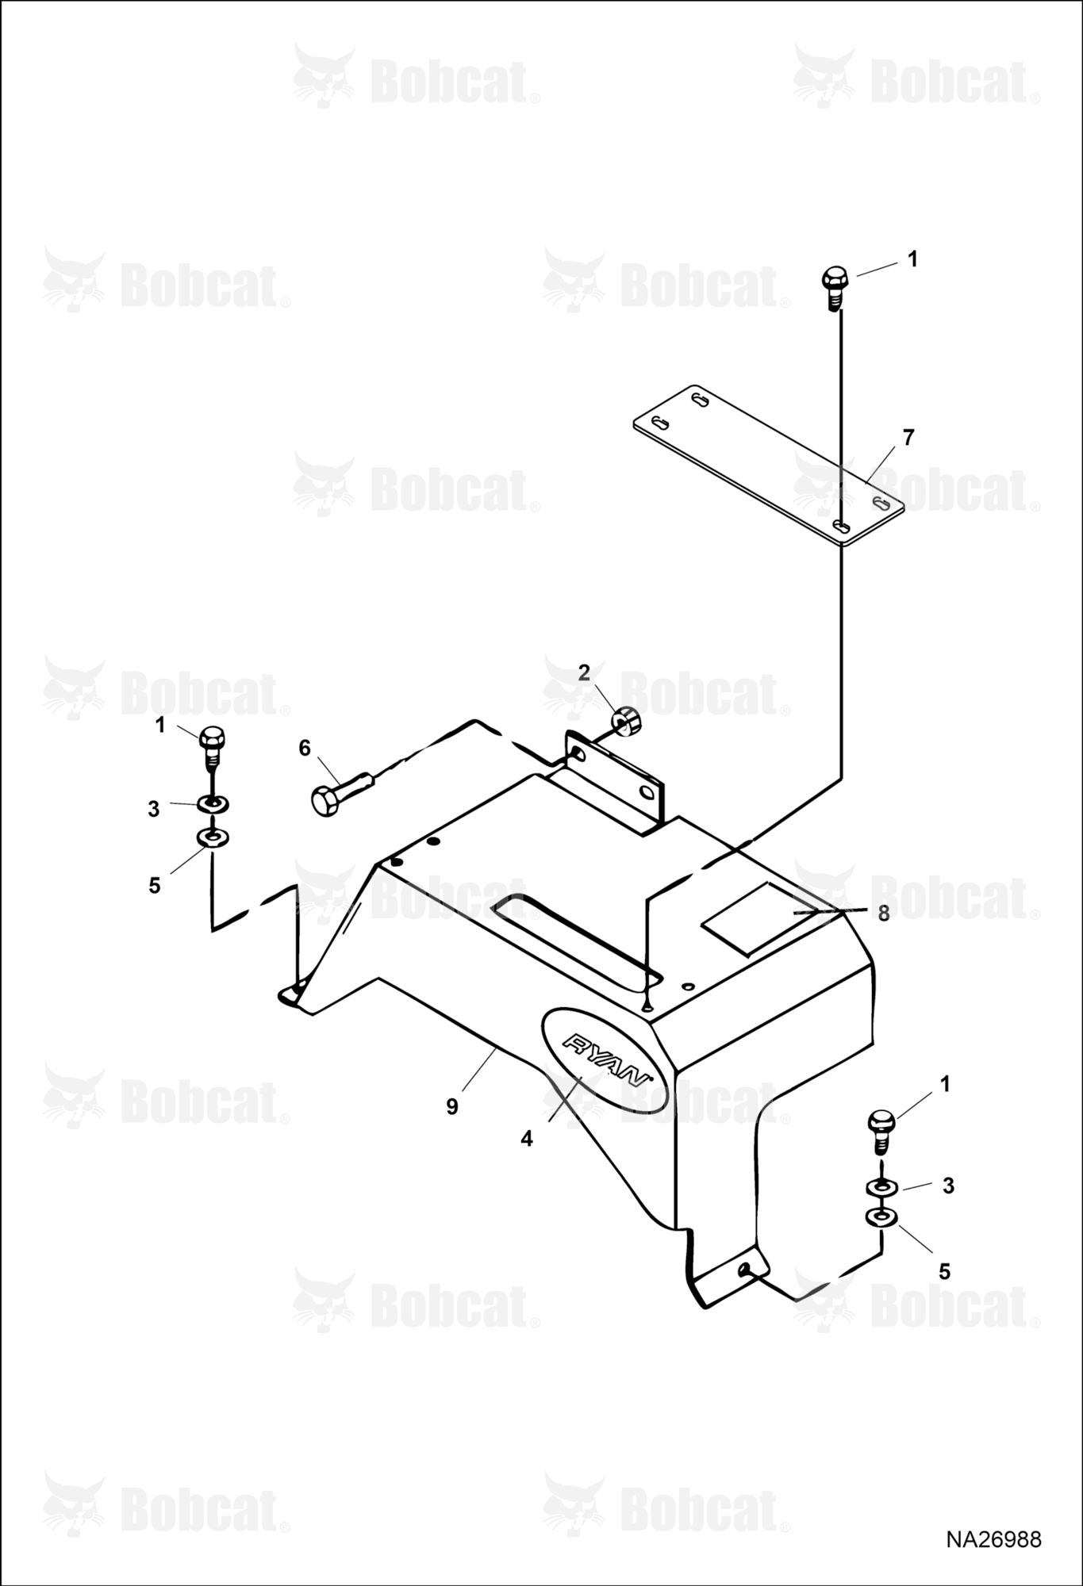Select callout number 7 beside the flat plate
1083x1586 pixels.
(908, 437)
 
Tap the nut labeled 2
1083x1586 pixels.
(627, 720)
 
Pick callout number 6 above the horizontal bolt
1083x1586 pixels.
(305, 748)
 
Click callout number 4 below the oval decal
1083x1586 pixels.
(527, 1139)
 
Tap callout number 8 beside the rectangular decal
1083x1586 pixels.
(884, 913)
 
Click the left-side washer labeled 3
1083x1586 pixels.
(212, 804)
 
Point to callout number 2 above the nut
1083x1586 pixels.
(585, 673)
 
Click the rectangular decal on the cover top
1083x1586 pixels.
(758, 917)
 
